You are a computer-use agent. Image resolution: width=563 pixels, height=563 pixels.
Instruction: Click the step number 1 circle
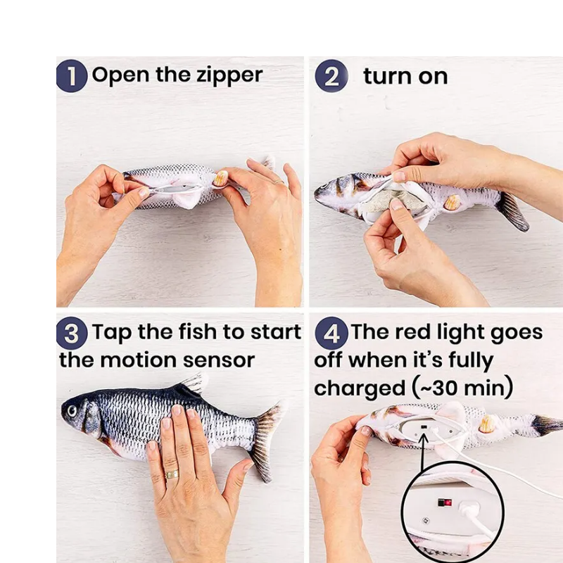click(x=72, y=76)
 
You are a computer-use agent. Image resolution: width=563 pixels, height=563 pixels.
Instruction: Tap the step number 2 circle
click(x=331, y=76)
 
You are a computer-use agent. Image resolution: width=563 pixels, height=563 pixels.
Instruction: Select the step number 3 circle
click(x=72, y=333)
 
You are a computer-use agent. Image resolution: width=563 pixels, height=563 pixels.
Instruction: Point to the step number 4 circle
click(x=331, y=333)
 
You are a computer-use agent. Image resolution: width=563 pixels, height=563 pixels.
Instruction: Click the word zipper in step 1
click(x=230, y=76)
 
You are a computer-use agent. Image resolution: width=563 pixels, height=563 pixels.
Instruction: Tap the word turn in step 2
click(x=387, y=76)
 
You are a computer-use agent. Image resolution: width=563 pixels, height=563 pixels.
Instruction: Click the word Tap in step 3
click(x=112, y=332)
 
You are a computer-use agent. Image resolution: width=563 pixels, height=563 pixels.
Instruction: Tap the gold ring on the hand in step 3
click(x=172, y=474)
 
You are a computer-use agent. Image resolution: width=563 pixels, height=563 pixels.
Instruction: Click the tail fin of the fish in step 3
click(x=267, y=442)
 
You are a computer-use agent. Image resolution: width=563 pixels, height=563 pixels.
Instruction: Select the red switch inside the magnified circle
click(x=445, y=502)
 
